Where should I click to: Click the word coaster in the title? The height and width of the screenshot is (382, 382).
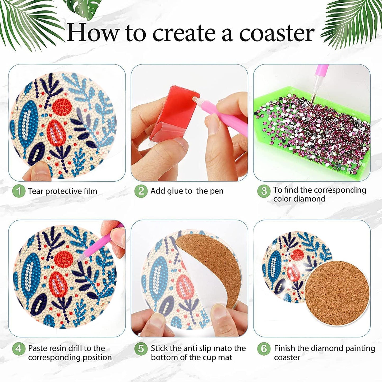[277, 33]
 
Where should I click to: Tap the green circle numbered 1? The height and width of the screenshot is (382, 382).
[19, 191]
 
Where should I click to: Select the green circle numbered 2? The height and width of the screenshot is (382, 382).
[141, 191]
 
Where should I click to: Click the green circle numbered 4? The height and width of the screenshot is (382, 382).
[19, 348]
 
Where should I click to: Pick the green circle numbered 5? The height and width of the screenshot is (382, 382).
[141, 348]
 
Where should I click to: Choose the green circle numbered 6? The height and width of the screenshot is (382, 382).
[264, 348]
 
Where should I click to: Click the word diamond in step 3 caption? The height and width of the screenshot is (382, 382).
[313, 199]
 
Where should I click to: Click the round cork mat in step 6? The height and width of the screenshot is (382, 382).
[337, 293]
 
